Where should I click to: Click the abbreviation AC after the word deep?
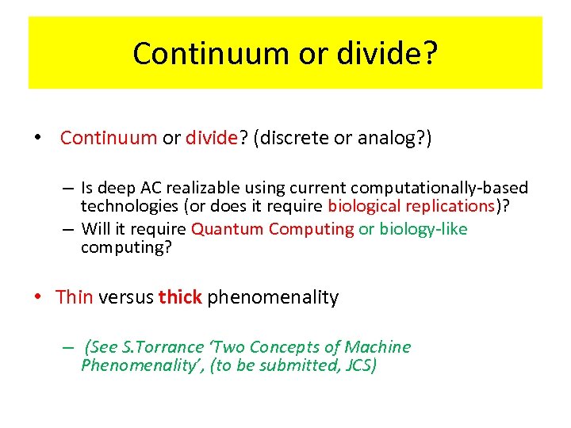152,188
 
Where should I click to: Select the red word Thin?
75,297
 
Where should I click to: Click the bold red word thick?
180,297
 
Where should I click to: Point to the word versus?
126,297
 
